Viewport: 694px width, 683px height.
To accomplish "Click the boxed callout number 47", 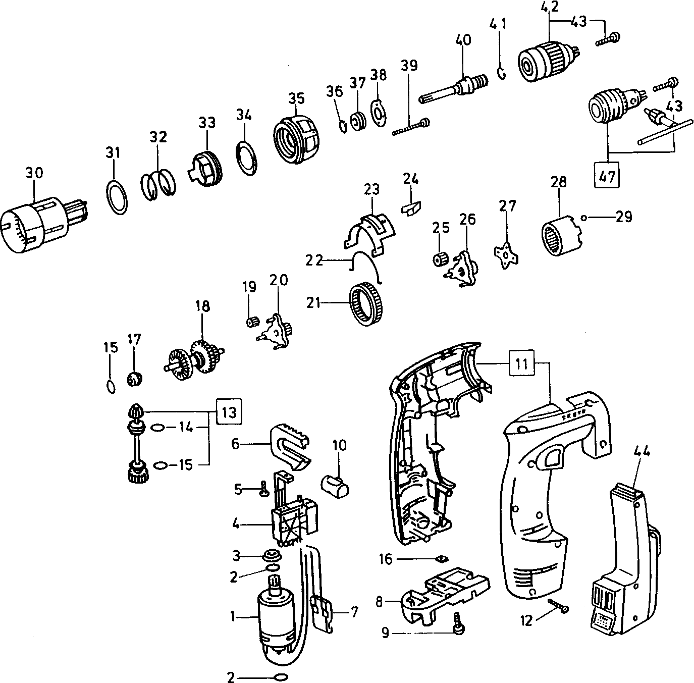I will tap(608, 177).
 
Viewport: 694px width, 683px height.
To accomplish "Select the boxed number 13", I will tap(229, 412).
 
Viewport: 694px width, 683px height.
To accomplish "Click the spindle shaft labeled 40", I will tap(454, 88).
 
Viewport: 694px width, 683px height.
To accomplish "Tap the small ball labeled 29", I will tap(583, 218).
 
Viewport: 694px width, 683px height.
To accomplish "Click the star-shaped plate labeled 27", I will tap(506, 252).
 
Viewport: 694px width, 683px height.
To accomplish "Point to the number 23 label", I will tap(371, 189).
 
